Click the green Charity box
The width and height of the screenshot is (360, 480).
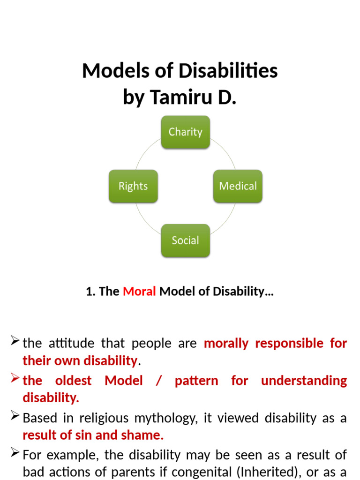point(185,132)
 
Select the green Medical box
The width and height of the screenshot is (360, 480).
point(238,186)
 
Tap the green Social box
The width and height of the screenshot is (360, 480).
point(185,240)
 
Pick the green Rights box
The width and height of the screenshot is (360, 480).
point(133,186)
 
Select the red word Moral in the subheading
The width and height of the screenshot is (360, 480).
point(139,292)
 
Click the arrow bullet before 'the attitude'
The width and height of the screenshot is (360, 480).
point(15,341)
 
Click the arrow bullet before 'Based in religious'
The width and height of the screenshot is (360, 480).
point(15,416)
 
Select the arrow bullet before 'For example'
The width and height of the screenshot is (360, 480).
point(15,453)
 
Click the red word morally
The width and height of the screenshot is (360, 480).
point(226,343)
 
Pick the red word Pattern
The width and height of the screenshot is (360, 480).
point(196,381)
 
